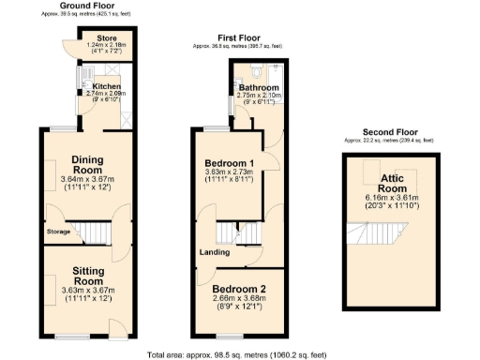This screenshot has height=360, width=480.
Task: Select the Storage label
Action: pyautogui.click(x=57, y=231)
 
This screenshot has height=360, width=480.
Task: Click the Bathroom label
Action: pyautogui.click(x=260, y=87)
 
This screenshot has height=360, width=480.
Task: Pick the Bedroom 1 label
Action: pyautogui.click(x=230, y=163)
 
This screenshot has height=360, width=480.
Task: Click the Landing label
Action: pyautogui.click(x=215, y=251)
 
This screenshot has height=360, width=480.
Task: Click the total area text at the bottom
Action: pyautogui.click(x=239, y=353)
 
